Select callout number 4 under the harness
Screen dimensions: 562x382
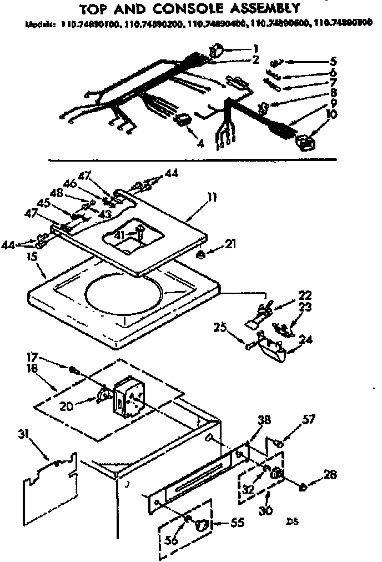point(200,143)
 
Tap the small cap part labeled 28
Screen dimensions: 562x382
point(303,487)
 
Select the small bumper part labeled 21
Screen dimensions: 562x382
point(203,254)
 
